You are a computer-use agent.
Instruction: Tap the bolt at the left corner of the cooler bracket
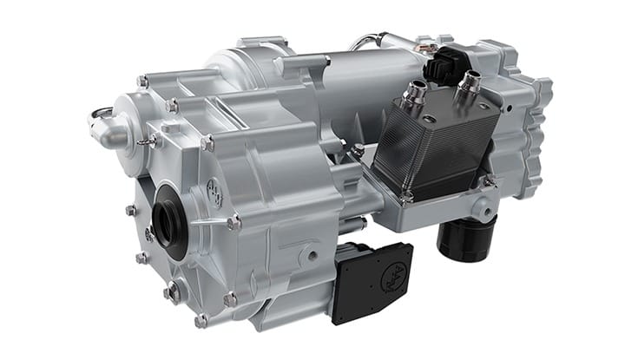coord(358,150)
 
